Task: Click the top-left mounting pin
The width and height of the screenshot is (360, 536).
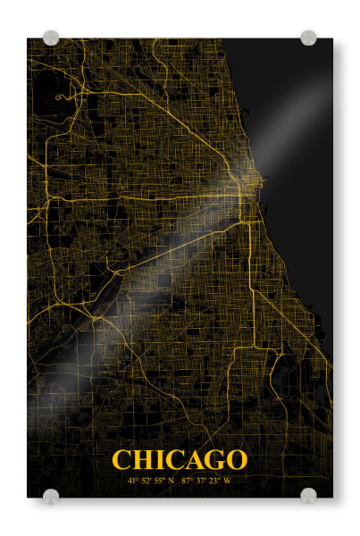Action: coord(51,38)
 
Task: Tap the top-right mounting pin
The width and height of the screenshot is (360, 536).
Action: coord(308,38)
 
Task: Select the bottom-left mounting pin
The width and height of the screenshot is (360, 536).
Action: coord(51,496)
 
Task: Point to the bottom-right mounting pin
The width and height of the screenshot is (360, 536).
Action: coord(308,496)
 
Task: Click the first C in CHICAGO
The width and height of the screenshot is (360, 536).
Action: coord(121,460)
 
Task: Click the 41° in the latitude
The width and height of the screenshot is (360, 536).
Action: coord(133,481)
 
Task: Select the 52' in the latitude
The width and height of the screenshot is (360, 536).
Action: coord(147,481)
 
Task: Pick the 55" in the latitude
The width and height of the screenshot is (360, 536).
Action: coord(160,481)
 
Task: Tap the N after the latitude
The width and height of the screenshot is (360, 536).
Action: coord(172,481)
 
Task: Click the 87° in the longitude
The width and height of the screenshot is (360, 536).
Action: coord(187,481)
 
